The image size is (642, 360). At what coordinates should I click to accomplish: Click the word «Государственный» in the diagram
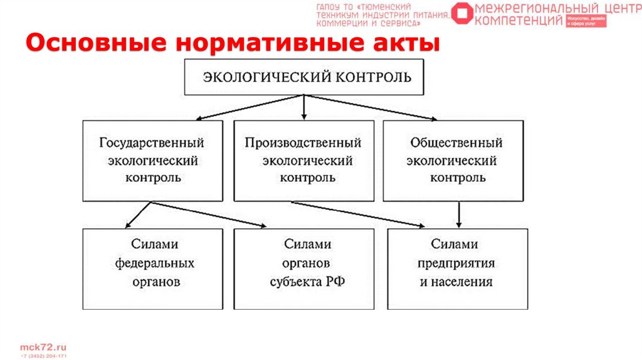pyautogui.click(x=152, y=142)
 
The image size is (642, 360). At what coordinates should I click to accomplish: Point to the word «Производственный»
pyautogui.click(x=303, y=142)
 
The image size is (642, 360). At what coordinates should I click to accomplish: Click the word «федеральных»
pyautogui.click(x=154, y=263)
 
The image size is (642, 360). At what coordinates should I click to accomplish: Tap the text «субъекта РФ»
pyautogui.click(x=307, y=282)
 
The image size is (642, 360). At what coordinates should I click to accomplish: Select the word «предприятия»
pyautogui.click(x=456, y=263)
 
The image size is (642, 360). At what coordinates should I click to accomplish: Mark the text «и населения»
pyautogui.click(x=456, y=282)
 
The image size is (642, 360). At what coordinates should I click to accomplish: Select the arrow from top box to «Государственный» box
pyautogui.click(x=251, y=107)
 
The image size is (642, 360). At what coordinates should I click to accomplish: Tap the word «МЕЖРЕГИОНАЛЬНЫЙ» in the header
pyautogui.click(x=532, y=8)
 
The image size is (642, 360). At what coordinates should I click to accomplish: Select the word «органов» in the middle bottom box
pyautogui.click(x=307, y=263)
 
